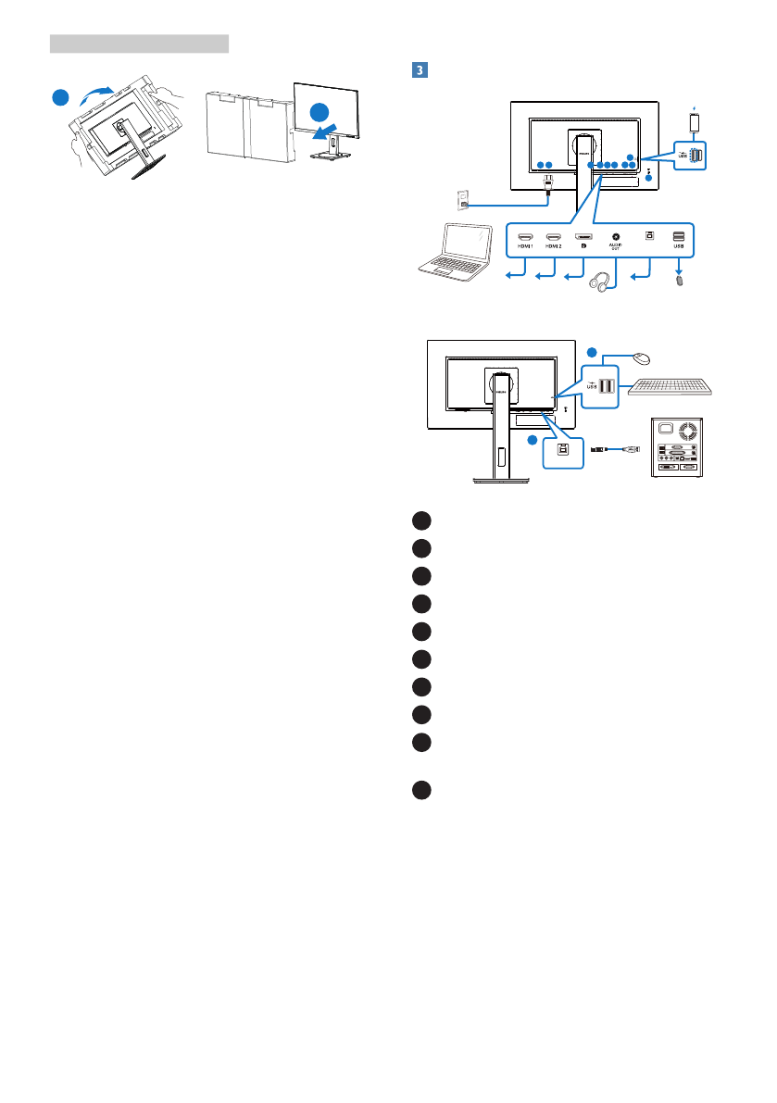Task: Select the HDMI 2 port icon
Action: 554,237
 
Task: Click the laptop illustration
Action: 450,250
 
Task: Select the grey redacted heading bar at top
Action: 139,44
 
